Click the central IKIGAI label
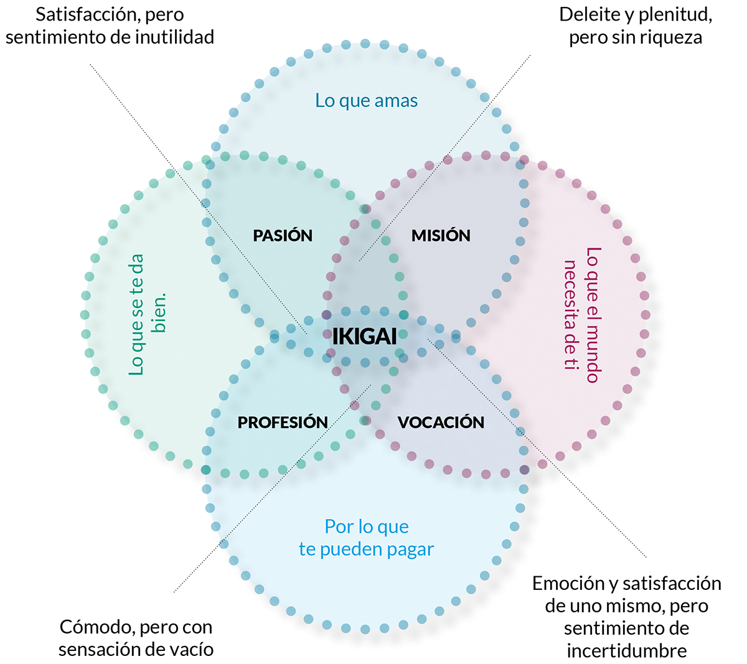click(x=364, y=337)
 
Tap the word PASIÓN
click(x=283, y=236)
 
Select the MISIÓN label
click(x=441, y=236)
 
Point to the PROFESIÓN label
click(x=283, y=423)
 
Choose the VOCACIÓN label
click(x=441, y=423)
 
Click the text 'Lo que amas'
click(x=366, y=101)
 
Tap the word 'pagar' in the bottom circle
click(x=409, y=549)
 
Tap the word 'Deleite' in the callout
click(x=589, y=14)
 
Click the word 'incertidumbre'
click(x=626, y=651)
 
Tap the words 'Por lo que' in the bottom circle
click(x=367, y=527)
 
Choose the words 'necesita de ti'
click(x=571, y=314)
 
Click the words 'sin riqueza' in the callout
click(x=657, y=37)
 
